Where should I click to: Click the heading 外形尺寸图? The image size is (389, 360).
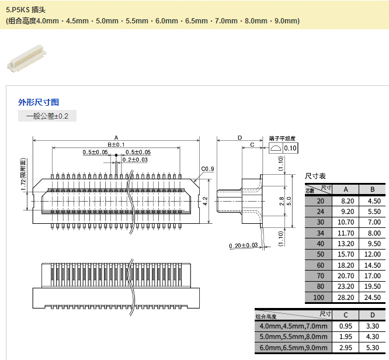(39, 102)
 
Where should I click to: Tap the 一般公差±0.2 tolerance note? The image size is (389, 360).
(47, 116)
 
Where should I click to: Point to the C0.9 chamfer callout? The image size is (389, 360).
(207, 169)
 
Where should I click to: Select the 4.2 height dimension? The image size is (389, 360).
(205, 200)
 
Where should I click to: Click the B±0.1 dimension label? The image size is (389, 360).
(116, 144)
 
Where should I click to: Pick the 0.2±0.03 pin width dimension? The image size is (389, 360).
(135, 160)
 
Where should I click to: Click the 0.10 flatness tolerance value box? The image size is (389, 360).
(290, 148)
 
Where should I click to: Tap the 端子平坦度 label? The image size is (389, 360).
(282, 139)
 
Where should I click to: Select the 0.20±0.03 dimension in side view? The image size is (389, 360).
(244, 245)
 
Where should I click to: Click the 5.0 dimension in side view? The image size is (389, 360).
(289, 200)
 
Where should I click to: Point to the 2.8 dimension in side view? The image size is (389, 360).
(281, 200)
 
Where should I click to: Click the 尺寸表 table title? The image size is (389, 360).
(315, 176)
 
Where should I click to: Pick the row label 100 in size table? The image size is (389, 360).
(319, 297)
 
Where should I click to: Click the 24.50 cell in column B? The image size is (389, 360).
(373, 297)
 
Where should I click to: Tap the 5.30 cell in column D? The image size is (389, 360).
(372, 348)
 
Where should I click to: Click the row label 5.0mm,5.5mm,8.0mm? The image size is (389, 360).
(293, 337)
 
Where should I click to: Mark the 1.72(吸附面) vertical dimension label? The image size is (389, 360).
(23, 175)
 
